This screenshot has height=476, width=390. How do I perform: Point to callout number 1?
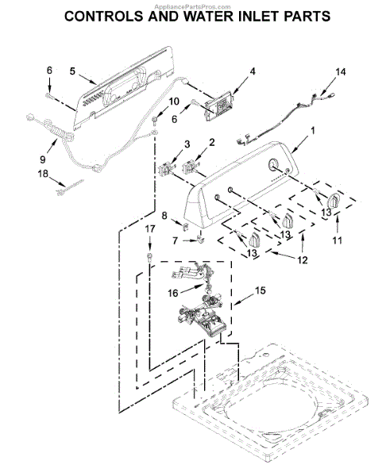[x=312, y=129]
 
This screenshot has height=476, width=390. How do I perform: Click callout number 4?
[x=253, y=71]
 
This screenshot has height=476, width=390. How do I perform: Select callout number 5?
[x=72, y=71]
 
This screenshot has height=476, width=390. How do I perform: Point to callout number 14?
[x=340, y=72]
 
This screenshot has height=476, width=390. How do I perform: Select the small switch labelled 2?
[x=190, y=167]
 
